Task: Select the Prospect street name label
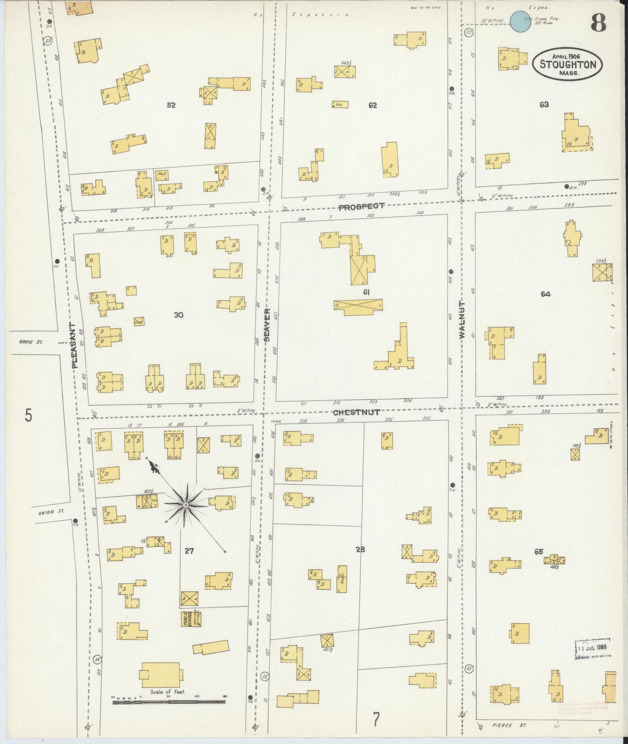[x=361, y=207]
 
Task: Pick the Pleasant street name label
[x=75, y=345]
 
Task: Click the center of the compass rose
[x=186, y=505]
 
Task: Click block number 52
[x=171, y=105]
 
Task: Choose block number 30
[x=178, y=315]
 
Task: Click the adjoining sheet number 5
[x=28, y=415]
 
